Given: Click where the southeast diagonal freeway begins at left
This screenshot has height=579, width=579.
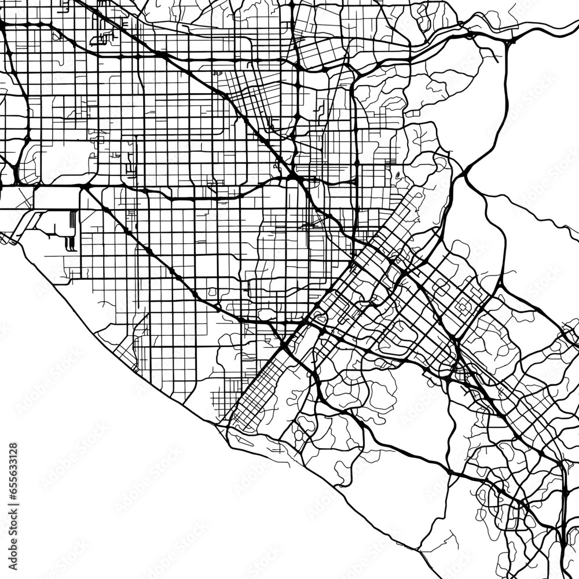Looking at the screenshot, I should [x=84, y=188].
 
